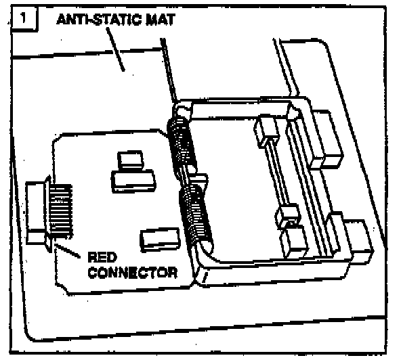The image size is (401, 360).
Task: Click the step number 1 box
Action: (x=24, y=19)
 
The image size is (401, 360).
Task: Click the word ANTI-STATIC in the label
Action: (x=100, y=20)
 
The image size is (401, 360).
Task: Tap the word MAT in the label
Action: (x=161, y=20)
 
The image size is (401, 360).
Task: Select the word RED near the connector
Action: (x=102, y=257)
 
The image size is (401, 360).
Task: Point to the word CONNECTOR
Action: (x=133, y=273)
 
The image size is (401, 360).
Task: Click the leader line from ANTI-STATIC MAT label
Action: (x=115, y=49)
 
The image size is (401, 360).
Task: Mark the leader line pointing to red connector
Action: (x=67, y=250)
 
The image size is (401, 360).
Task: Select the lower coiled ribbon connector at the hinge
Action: (x=196, y=215)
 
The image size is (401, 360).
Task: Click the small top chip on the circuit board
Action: (x=130, y=160)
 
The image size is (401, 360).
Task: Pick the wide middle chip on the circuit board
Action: (x=134, y=181)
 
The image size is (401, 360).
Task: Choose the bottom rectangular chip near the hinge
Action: (x=160, y=239)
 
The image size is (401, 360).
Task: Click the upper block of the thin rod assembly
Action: (x=266, y=131)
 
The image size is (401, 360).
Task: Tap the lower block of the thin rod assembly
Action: (x=287, y=216)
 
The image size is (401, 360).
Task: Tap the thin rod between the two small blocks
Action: (x=278, y=177)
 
